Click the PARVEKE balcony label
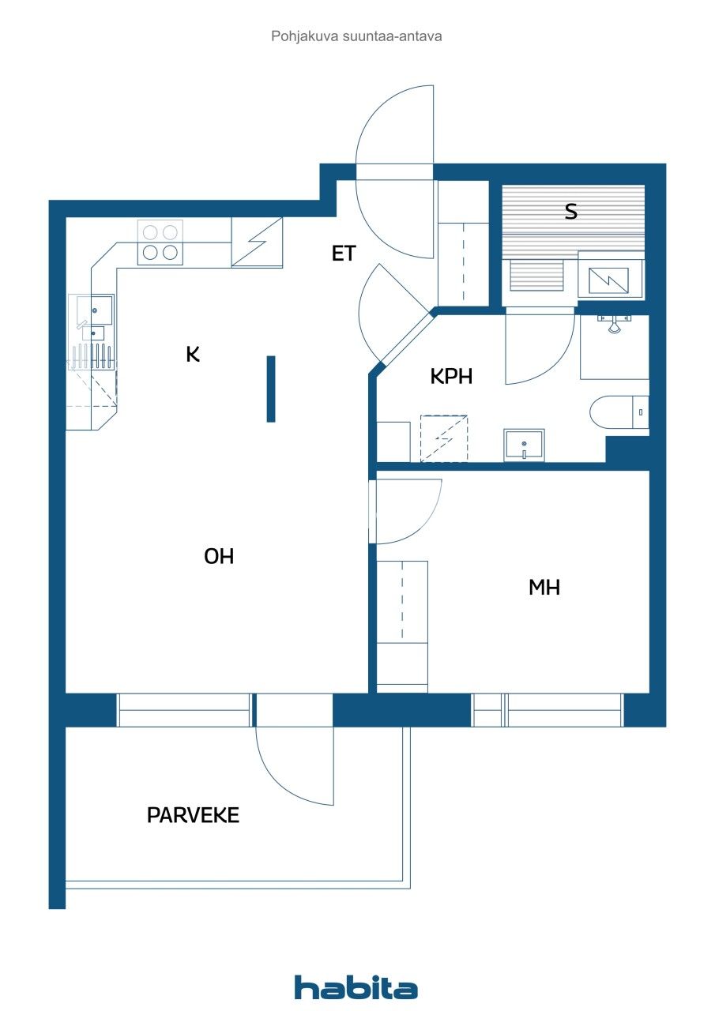tap(193, 815)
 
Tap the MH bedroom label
tap(544, 587)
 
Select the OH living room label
tap(219, 556)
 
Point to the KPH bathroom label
tap(451, 377)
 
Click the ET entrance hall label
tap(344, 254)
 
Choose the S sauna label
tap(570, 212)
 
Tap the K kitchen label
tap(193, 355)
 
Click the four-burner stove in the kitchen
tap(160, 242)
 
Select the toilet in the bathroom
tap(618, 412)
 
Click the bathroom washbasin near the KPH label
tap(524, 445)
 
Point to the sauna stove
tap(611, 277)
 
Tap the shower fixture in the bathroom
tap(614, 322)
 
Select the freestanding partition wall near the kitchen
tap(271, 389)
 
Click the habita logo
tap(356, 987)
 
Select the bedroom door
tap(407, 511)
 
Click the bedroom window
tap(548, 710)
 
